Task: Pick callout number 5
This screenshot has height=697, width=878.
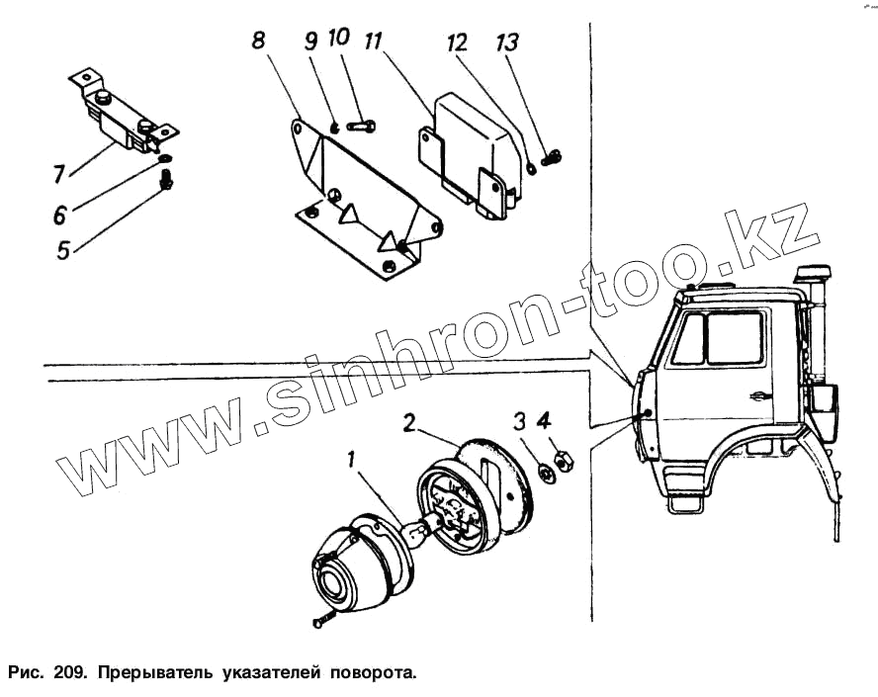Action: pos(63,249)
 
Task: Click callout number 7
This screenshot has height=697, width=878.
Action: pos(59,174)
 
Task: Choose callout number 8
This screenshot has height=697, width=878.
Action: pos(258,41)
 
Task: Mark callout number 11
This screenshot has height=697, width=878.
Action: pos(373,42)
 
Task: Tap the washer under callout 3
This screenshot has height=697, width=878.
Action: pos(542,467)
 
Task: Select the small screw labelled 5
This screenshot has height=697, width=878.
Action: pos(165,181)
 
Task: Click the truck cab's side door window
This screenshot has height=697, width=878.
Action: pos(734,338)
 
